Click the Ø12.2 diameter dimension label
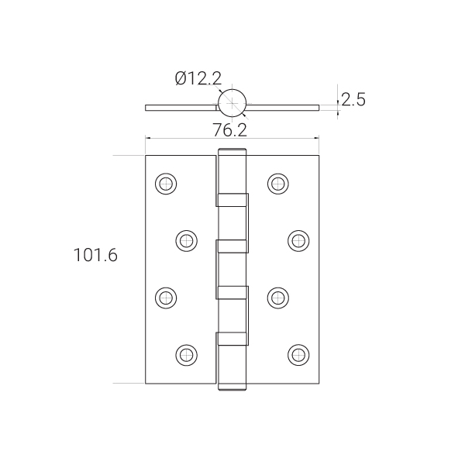(198, 78)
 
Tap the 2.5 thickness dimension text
(353, 99)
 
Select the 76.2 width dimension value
(230, 130)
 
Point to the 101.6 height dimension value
(95, 255)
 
